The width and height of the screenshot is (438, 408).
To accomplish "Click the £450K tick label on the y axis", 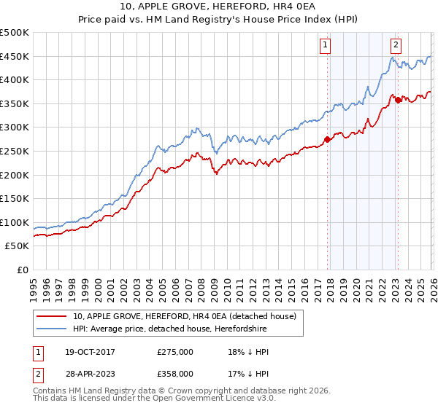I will coord(15,56).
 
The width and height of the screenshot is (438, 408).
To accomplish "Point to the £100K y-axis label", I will coord(15,222).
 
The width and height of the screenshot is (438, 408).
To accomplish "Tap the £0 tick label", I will coord(23,270).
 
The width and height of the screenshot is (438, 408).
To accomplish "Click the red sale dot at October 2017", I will coord(327,139).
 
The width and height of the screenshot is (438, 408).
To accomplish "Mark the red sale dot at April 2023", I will coord(398,100).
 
